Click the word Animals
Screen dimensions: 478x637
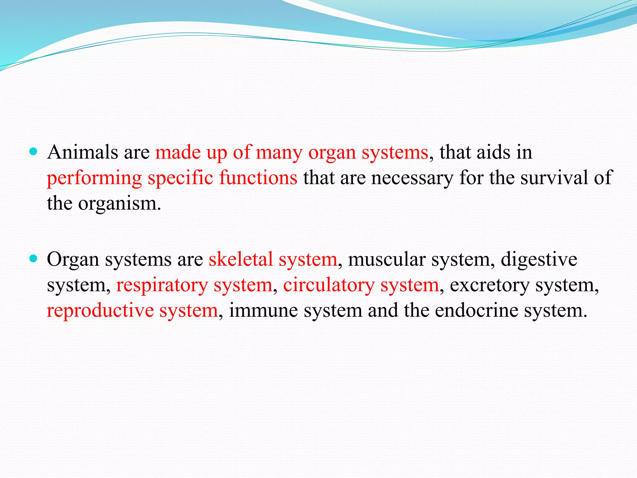[x=82, y=152]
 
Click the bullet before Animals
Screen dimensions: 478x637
[x=33, y=152]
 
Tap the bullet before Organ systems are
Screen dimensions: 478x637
[x=33, y=258]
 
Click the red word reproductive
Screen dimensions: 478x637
[x=100, y=311]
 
